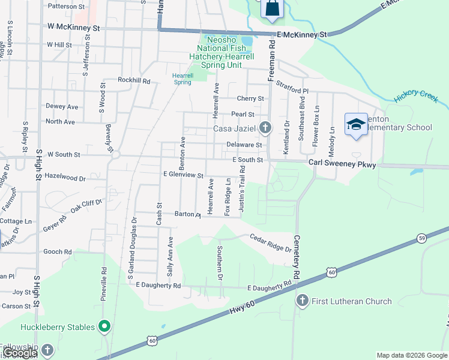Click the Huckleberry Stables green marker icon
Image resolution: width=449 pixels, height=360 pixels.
coord(105,327)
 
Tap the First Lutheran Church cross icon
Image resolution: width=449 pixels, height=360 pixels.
coord(302,301)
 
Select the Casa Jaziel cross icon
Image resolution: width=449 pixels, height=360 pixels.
coord(265,128)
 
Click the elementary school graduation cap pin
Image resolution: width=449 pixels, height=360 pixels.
coord(356,124)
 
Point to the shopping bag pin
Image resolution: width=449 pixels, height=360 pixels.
coord(271,8)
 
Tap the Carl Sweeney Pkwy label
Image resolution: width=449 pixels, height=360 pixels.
coord(342,163)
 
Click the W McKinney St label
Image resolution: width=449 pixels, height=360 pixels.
coord(73,28)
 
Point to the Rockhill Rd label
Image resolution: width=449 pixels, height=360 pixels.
coord(134,80)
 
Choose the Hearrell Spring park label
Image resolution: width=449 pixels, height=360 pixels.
coord(182,79)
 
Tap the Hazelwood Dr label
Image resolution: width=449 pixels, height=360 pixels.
coord(65,178)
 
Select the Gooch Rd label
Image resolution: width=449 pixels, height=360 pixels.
coord(58,252)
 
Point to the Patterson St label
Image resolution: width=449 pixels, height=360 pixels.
coord(66,6)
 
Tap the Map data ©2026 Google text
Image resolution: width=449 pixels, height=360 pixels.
coord(411,355)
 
